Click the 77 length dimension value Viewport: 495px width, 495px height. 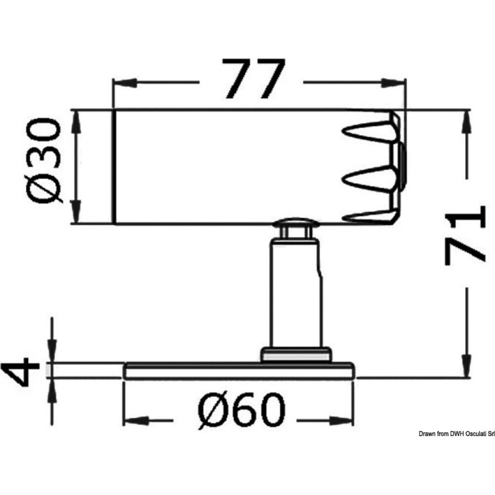pyautogui.click(x=253, y=79)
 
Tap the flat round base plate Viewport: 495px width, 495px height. pyautogui.click(x=239, y=371)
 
